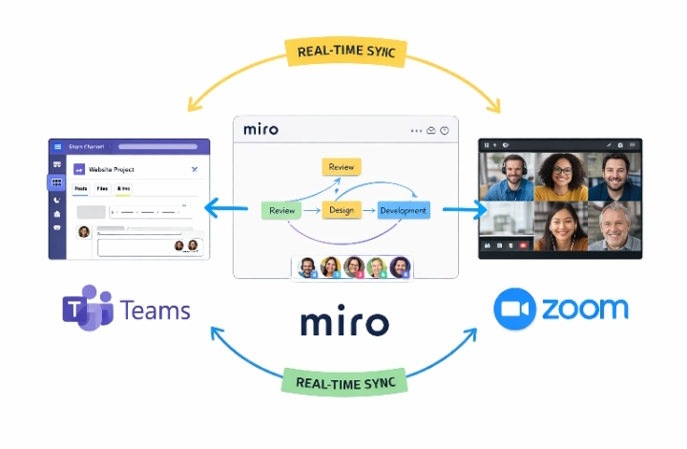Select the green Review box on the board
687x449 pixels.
[281, 210]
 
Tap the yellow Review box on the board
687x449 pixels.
[342, 167]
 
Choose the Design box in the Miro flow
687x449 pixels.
[342, 210]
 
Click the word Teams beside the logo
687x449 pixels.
[156, 310]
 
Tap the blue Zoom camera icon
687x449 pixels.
[514, 310]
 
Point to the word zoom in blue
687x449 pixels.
[585, 309]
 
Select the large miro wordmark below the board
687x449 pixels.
[344, 322]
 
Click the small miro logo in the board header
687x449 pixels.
[260, 129]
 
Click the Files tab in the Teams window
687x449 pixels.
[102, 189]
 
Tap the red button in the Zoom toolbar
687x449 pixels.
[523, 246]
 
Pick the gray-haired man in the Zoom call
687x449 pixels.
[614, 225]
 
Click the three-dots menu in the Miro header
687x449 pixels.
[415, 130]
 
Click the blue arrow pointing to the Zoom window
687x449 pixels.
[460, 209]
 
